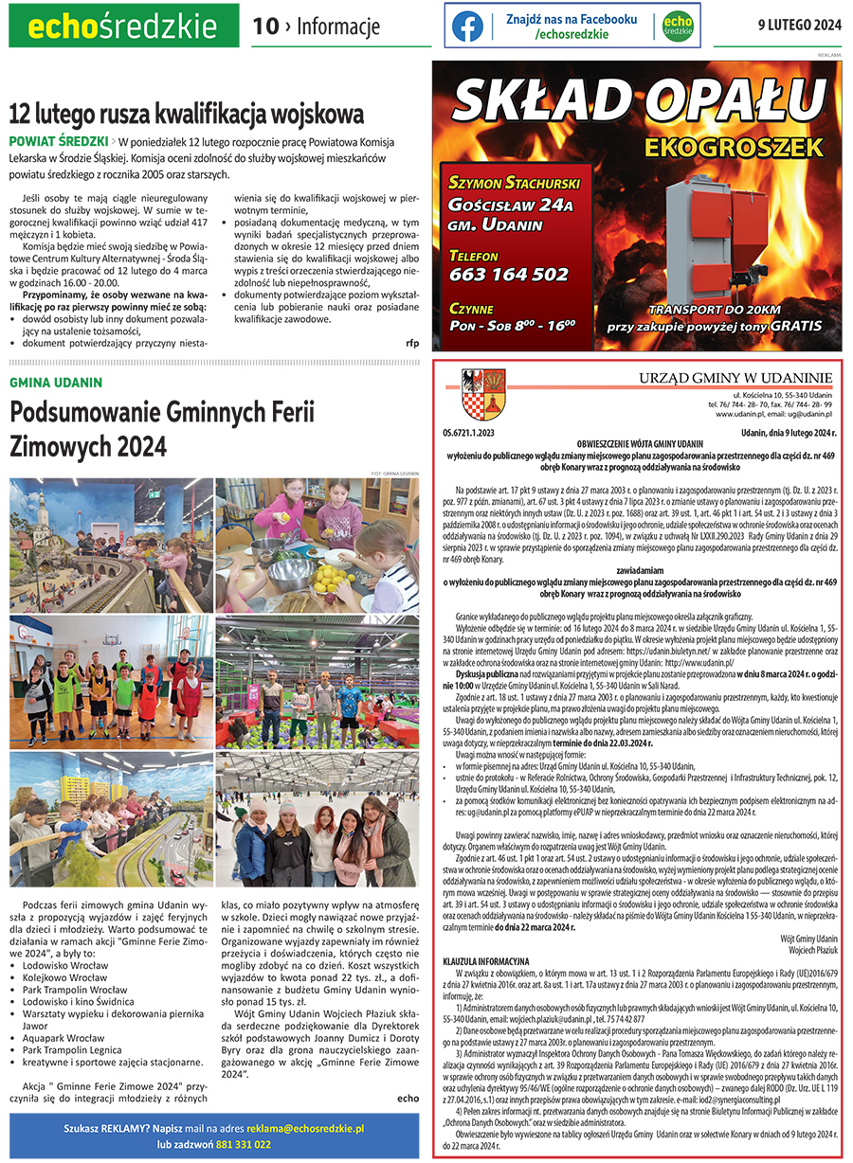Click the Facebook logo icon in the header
[x=466, y=27]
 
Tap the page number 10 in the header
[x=264, y=27]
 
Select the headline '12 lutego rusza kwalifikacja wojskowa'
[x=186, y=115]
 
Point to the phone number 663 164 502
[x=509, y=274]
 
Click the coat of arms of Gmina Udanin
[x=472, y=393]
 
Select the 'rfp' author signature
[x=411, y=342]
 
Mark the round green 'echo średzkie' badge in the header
[x=677, y=26]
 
